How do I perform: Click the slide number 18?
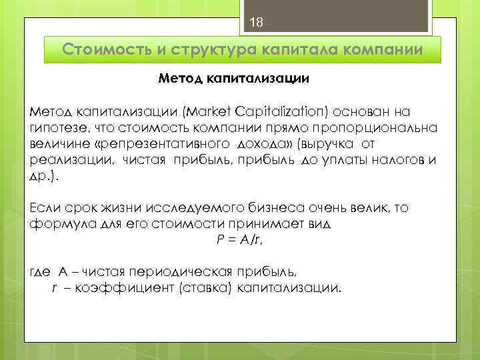pos(257,23)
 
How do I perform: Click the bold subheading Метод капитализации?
pos(233,79)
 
